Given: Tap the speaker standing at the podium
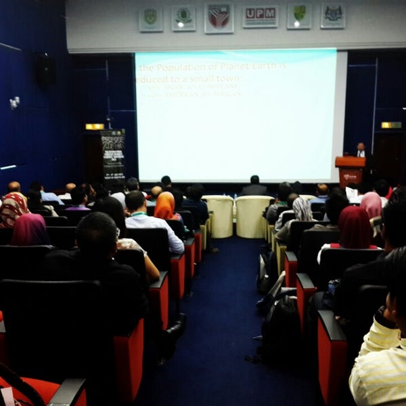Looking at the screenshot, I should (x=361, y=150).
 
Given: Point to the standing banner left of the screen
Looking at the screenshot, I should (x=113, y=156).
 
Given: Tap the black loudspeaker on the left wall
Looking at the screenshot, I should (x=46, y=69).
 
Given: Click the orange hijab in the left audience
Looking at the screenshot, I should (x=164, y=206).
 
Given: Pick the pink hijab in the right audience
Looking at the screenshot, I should (x=371, y=205).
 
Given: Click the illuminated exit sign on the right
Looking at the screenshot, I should (x=390, y=125).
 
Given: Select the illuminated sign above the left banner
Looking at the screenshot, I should (x=95, y=127).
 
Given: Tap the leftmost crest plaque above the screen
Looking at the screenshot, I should (x=151, y=18).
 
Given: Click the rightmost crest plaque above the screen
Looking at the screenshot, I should (x=333, y=15).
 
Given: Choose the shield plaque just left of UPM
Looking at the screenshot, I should (x=219, y=18).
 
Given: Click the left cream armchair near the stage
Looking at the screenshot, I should (x=219, y=215).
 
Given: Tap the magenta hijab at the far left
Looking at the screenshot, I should (x=30, y=230).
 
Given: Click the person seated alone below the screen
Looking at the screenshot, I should (x=254, y=186).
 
